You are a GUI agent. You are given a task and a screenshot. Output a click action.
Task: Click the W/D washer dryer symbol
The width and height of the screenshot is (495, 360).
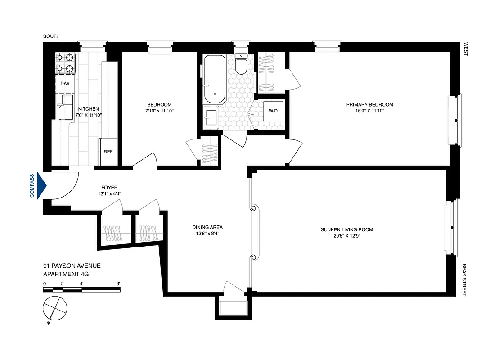point(273,111)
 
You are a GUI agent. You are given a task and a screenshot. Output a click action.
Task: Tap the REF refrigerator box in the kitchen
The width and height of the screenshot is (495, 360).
point(108,152)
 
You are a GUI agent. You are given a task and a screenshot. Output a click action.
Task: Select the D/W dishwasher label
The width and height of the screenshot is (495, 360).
point(64,84)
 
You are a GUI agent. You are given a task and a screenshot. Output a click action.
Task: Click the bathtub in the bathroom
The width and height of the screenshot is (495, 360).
point(214,79)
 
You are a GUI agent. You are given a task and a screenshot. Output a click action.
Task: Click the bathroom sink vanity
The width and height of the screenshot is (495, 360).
point(210,117)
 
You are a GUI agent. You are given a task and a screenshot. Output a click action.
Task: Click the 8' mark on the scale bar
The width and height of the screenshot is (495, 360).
point(118,283)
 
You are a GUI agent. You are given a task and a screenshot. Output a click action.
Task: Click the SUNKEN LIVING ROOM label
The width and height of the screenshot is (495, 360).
point(346,229)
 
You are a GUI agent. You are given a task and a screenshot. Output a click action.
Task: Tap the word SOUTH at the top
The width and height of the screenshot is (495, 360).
point(51,36)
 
